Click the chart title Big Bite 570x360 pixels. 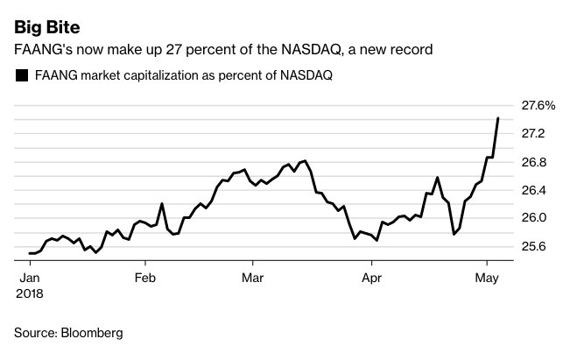point(46,18)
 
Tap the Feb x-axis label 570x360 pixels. point(146,279)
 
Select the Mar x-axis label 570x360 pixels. point(252,279)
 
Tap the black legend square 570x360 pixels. point(22,76)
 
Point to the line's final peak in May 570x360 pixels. point(498,118)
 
